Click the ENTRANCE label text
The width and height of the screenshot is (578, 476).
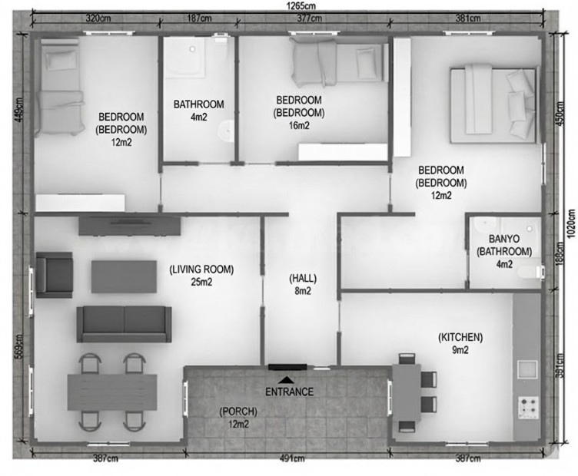tap(289, 392)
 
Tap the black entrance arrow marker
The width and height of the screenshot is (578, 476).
tap(286, 379)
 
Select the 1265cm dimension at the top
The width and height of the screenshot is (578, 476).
tap(288, 5)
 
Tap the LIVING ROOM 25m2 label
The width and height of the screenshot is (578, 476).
tap(201, 276)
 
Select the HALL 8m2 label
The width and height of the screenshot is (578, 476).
tap(302, 284)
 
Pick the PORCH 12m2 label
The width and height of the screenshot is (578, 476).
tap(238, 418)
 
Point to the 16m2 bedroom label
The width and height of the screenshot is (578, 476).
tap(299, 113)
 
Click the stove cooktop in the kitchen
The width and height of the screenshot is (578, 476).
tap(528, 407)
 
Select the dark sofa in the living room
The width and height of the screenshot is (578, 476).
tap(123, 323)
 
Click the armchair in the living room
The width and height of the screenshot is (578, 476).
tap(53, 274)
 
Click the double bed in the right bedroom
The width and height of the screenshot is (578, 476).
tap(493, 104)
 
